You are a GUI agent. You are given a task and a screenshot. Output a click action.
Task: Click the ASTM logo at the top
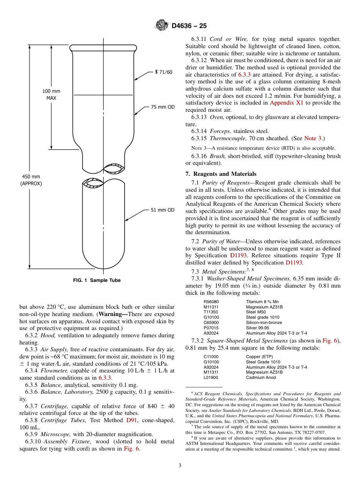[x=162, y=26]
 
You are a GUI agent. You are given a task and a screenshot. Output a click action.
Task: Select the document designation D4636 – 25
[x=189, y=26]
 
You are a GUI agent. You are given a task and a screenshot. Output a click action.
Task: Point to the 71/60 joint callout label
[x=163, y=72]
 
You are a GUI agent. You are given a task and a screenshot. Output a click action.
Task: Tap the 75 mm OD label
[x=163, y=107]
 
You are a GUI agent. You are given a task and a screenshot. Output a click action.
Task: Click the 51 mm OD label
[x=163, y=210]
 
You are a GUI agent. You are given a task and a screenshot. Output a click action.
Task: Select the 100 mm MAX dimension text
[x=51, y=94]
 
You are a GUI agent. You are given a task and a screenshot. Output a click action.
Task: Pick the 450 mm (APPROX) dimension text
[x=31, y=180]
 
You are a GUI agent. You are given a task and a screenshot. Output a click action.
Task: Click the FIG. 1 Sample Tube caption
[x=97, y=280]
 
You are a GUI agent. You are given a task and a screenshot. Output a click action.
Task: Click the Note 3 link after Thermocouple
[x=313, y=138]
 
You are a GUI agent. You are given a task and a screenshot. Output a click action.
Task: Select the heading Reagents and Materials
[x=224, y=174]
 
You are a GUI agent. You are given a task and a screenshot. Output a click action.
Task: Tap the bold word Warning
[x=112, y=314]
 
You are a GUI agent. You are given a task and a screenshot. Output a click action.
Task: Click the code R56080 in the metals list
[x=211, y=302]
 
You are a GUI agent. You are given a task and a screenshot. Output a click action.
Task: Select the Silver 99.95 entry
[x=257, y=328]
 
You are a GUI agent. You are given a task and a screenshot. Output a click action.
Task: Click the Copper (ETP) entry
[x=259, y=357]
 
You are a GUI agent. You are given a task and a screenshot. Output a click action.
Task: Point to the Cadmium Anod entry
[x=261, y=377]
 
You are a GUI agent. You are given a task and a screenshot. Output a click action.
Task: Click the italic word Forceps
[x=220, y=131]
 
